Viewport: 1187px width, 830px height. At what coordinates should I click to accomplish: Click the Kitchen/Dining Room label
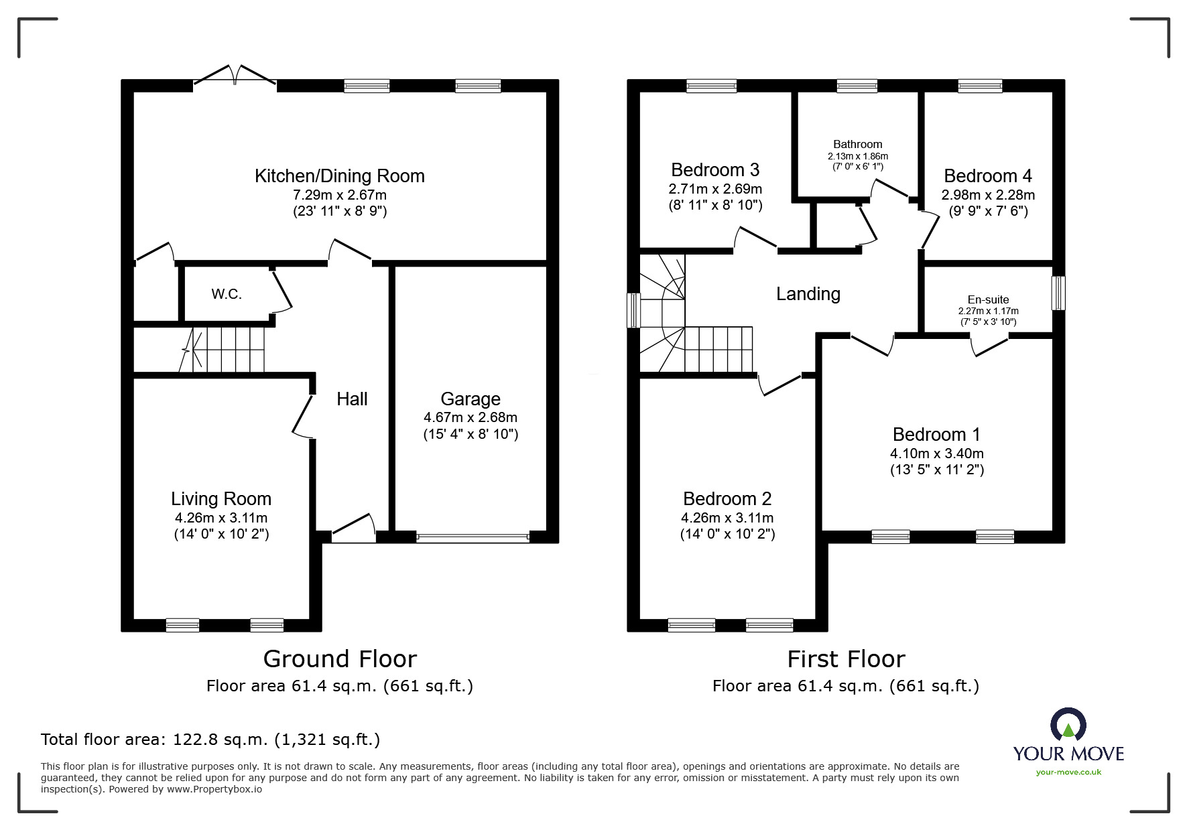coord(339,176)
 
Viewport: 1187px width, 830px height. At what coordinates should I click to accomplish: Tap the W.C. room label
coord(227,294)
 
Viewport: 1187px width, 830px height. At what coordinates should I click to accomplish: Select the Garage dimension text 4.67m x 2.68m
coord(470,417)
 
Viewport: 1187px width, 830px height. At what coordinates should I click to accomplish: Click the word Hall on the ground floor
coord(352,399)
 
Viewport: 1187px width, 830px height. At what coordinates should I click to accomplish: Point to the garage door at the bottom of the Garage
coord(472,537)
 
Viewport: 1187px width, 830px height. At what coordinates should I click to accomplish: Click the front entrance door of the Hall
coord(353,529)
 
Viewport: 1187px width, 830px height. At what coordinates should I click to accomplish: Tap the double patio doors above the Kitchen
coord(235,76)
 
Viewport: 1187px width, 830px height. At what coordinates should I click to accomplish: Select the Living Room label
coord(221,499)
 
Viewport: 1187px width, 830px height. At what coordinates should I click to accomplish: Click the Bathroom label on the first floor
coord(857,144)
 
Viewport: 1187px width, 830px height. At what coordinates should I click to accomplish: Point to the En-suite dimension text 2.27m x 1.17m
coord(988,311)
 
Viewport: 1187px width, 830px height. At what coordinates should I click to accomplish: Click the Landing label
coord(808,294)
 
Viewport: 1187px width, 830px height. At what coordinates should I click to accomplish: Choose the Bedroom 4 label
coord(987,176)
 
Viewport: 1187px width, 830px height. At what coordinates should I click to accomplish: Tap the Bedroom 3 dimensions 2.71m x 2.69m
coord(714,189)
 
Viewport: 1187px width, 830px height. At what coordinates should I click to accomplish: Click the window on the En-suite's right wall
coord(1058,293)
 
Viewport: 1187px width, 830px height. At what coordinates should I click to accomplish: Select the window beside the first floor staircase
coord(633,310)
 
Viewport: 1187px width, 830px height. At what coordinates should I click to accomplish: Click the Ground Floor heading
coord(340,659)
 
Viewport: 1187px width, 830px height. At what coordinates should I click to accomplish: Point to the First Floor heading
coord(846,659)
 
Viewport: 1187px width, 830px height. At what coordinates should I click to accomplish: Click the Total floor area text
coord(210,740)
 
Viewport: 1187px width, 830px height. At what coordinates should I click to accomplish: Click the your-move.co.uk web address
coord(1068,772)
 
